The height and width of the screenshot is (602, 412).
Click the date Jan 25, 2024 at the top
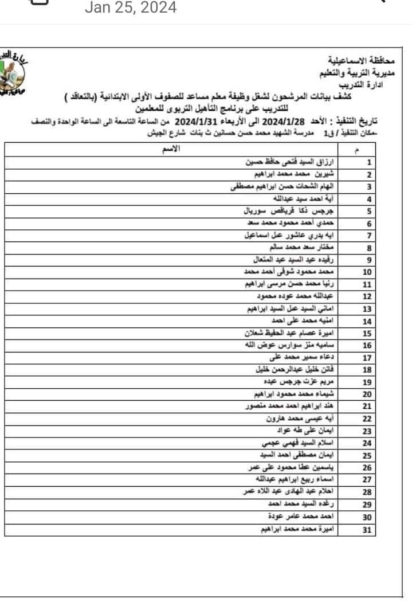click(x=131, y=8)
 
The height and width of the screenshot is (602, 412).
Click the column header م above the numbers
click(x=358, y=151)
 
